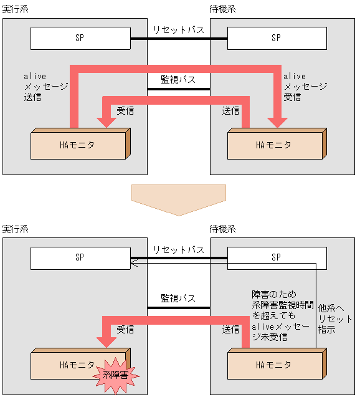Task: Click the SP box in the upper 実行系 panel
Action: coord(80,38)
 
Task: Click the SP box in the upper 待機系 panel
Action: coord(276,38)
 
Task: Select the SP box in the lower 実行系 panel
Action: coord(80,257)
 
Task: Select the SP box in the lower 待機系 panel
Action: coord(276,257)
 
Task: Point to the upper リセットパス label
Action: coord(178,29)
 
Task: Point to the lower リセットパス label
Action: coord(178,249)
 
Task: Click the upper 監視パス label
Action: coord(178,79)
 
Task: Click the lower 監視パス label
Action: coord(178,298)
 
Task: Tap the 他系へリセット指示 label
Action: coord(335,318)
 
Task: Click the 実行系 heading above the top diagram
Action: coord(16,9)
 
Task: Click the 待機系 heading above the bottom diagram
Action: coord(223,229)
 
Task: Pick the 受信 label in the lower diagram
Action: coord(125,329)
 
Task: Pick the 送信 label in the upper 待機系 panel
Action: coord(231,111)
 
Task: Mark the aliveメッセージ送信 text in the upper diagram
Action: coord(45,87)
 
